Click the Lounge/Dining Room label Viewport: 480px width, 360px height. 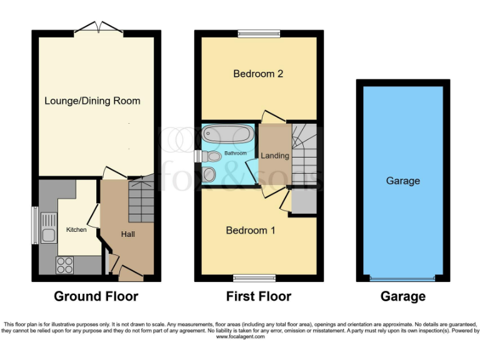click(92, 101)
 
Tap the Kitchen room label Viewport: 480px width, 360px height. click(76, 230)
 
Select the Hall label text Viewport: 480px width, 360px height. click(128, 234)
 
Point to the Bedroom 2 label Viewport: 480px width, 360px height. click(258, 74)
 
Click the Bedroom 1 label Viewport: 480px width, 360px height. click(250, 230)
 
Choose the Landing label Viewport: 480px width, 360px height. click(275, 156)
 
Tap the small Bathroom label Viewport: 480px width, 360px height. click(236, 153)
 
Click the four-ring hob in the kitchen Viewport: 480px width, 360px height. click(64, 266)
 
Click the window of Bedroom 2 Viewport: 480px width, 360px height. click(258, 34)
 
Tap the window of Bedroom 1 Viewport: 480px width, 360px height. click(254, 277)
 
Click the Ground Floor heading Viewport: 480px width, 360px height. click(96, 296)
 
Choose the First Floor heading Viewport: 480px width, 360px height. click(258, 296)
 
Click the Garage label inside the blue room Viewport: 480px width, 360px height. click(402, 181)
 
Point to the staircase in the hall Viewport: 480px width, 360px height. click(141, 199)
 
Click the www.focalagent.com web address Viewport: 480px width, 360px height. click(240, 337)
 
